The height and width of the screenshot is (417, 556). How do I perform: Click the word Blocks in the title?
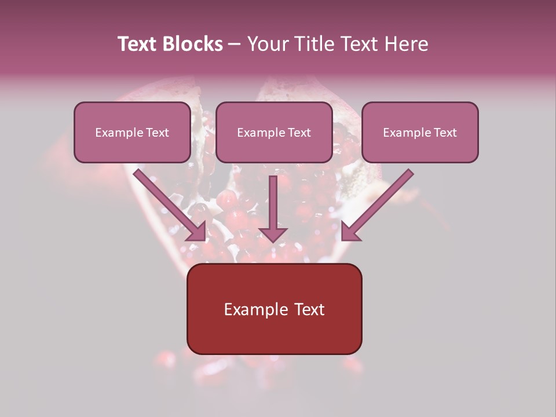(x=192, y=44)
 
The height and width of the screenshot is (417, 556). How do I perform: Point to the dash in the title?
(x=235, y=45)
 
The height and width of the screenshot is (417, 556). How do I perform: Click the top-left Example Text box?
(x=132, y=132)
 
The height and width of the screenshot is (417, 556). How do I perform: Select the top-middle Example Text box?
(x=274, y=132)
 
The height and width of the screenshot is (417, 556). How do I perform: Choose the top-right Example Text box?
(x=420, y=132)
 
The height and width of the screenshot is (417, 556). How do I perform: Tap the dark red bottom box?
(x=274, y=309)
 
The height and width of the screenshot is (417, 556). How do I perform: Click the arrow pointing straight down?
(x=273, y=206)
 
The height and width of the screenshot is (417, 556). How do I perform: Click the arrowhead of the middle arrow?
(x=273, y=234)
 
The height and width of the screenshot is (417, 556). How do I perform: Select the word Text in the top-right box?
(x=445, y=133)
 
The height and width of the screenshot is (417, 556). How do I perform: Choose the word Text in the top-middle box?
(x=299, y=133)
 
